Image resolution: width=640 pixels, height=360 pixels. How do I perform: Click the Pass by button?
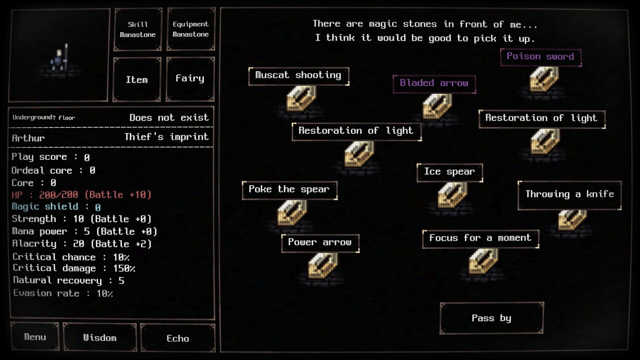click(492, 318)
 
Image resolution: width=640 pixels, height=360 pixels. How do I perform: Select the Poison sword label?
click(540, 57)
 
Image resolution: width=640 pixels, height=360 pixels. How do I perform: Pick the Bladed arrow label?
click(434, 84)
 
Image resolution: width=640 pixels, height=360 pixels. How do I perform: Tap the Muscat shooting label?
click(298, 76)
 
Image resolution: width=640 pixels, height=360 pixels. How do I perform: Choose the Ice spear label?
click(449, 172)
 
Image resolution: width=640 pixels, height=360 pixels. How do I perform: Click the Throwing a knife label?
click(569, 195)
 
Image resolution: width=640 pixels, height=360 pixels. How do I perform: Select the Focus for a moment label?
click(480, 239)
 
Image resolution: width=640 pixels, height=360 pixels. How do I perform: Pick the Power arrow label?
click(320, 243)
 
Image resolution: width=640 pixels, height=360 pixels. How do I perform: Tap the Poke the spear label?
click(289, 190)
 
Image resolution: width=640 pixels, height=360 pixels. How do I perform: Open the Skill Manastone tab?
click(138, 29)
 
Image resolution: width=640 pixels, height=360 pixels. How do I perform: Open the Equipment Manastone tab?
click(191, 29)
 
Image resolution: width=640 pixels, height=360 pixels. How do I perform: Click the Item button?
click(137, 80)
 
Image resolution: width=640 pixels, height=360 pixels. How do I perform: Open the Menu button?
click(35, 337)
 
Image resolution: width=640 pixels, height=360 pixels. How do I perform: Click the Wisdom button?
click(100, 338)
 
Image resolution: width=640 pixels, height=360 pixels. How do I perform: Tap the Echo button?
click(178, 339)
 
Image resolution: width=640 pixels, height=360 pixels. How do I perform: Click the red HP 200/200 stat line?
click(81, 195)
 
